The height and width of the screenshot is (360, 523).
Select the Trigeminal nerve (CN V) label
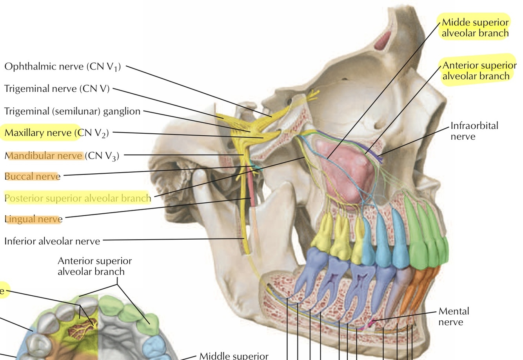pyautogui.click(x=57, y=89)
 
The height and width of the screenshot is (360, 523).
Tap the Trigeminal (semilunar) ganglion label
pyautogui.click(x=72, y=111)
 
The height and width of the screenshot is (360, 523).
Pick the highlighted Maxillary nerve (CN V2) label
pyautogui.click(x=56, y=133)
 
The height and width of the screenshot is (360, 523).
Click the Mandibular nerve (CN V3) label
pyautogui.click(x=62, y=156)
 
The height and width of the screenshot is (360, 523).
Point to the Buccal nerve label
pyautogui.click(x=33, y=176)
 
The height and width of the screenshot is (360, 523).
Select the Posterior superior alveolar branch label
pyautogui.click(x=78, y=198)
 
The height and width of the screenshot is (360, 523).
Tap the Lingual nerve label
pyautogui.click(x=33, y=219)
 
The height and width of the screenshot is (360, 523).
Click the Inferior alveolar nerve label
pyautogui.click(x=52, y=241)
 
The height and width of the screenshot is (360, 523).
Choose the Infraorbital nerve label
pyautogui.click(x=474, y=131)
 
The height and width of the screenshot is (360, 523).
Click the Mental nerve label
pyautogui.click(x=453, y=316)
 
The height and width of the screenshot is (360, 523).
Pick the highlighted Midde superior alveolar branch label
pyautogui.click(x=475, y=28)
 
